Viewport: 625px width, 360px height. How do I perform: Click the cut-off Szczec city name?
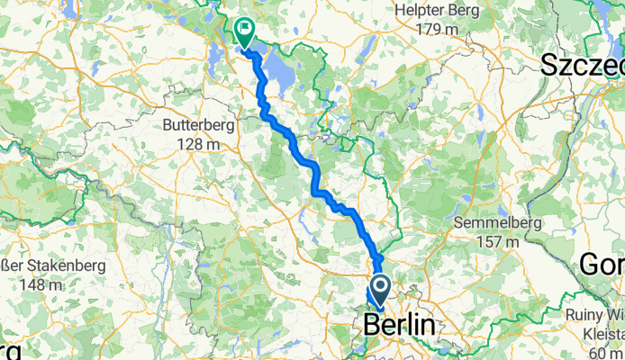[x=583, y=65]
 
